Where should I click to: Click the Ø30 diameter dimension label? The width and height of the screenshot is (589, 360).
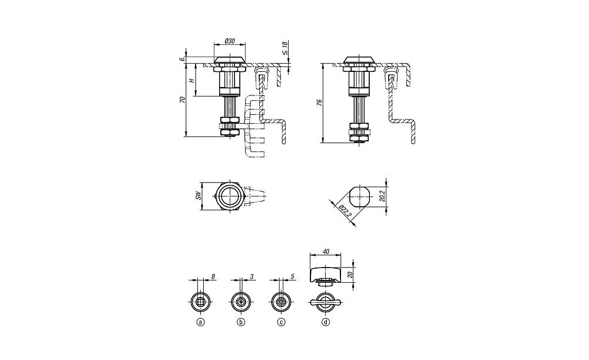click(230, 40)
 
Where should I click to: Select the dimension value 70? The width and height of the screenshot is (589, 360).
click(182, 100)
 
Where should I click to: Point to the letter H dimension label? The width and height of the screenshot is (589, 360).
click(191, 81)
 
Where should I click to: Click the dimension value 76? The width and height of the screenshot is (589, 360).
click(319, 103)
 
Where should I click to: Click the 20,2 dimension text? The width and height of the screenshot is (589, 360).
click(382, 196)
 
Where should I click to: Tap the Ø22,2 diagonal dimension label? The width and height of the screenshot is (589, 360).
click(345, 212)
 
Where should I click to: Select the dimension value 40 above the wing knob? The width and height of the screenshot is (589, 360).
click(326, 252)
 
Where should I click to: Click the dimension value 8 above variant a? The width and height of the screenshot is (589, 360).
click(213, 276)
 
